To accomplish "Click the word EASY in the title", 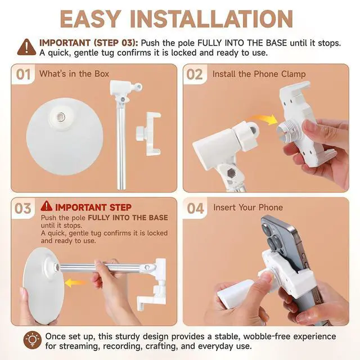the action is click(x=91, y=19).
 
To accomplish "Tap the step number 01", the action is click(x=23, y=75).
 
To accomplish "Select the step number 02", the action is click(x=195, y=75).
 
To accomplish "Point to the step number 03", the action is click(x=22, y=209).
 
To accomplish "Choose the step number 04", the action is click(x=195, y=209).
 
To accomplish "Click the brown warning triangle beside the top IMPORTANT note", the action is click(x=26, y=47).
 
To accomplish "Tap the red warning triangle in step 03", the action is click(x=46, y=206).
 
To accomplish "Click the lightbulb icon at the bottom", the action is click(x=33, y=340).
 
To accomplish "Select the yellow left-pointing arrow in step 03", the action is click(x=75, y=282).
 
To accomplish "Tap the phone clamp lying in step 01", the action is click(x=148, y=134).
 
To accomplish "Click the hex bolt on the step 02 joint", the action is click(x=231, y=173).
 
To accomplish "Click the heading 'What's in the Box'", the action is click(x=74, y=74).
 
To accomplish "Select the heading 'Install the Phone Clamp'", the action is click(x=259, y=74).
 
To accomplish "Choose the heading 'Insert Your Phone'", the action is click(x=248, y=208).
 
